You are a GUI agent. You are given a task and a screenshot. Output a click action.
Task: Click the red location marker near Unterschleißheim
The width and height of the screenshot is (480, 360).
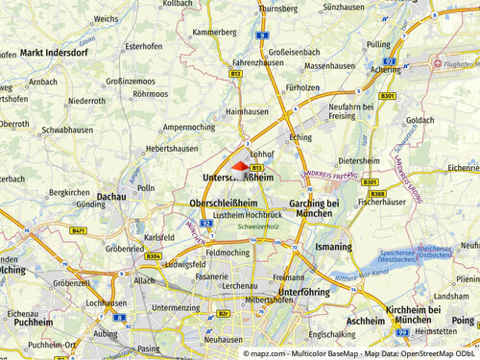coord(240,166)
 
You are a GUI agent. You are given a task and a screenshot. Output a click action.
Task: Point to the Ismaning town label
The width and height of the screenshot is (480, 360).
coord(334,247)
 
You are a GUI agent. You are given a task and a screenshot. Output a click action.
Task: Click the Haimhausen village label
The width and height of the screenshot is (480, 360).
coord(247,111)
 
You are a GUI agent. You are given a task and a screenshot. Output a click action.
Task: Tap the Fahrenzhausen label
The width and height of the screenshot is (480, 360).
coord(231,61)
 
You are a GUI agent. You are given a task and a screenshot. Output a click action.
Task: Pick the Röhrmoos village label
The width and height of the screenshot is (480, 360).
coord(151,94)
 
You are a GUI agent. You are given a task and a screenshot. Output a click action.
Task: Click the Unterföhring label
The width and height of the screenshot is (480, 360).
coord(304,291)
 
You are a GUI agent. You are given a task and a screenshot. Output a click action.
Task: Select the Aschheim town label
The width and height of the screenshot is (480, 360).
coord(365,320)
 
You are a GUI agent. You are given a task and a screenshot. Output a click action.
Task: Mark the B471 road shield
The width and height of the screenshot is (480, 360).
coord(79,231)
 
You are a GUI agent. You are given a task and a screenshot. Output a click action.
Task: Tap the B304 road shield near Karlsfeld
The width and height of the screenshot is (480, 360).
coord(153,256)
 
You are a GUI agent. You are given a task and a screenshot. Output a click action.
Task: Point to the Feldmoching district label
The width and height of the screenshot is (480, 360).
coord(228,252)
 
